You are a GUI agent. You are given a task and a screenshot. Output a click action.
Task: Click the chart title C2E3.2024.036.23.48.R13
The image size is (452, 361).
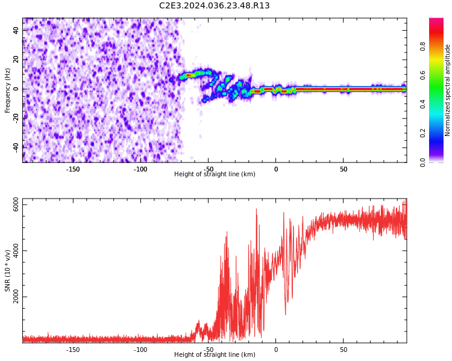tap(214, 6)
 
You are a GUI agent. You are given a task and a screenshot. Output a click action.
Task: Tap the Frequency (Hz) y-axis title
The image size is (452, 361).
tap(7, 90)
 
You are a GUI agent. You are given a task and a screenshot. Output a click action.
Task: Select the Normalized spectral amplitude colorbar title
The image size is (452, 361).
tap(448, 90)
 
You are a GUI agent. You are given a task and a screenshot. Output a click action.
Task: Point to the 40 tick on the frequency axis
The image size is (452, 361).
tap(16, 30)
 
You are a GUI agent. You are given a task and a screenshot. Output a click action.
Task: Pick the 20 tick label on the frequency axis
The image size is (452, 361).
tap(16, 60)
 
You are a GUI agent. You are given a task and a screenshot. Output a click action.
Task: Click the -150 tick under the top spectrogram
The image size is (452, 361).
tap(72, 169)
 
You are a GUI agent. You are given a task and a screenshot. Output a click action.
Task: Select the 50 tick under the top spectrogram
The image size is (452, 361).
tap(344, 169)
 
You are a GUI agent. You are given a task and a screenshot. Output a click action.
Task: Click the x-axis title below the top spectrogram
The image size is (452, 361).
tap(215, 174)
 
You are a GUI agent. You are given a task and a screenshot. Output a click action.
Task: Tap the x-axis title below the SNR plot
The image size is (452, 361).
tap(215, 355)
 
